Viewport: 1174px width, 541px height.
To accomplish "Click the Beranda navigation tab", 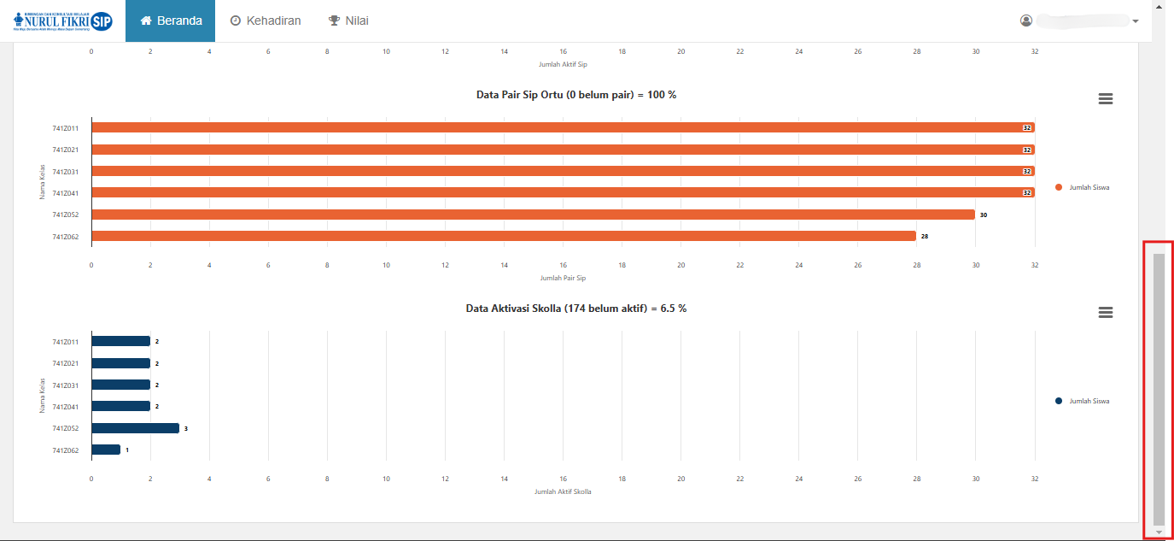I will tap(171, 21).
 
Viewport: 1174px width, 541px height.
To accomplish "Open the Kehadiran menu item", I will tap(266, 21).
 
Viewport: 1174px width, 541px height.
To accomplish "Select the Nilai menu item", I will tap(348, 21).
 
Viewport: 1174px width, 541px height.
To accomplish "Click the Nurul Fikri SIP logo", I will tap(63, 21).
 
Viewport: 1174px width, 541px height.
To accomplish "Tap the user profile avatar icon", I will tap(1026, 21).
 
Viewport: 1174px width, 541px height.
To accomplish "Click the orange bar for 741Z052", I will tap(533, 215).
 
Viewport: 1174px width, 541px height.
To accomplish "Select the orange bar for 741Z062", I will tap(504, 236).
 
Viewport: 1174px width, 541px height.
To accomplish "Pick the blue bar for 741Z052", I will tap(135, 428).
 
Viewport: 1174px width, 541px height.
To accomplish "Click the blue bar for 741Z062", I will tap(106, 450).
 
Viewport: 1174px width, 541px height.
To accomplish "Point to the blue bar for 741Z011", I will tap(120, 341).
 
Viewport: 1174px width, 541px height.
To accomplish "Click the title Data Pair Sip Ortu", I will tap(576, 95).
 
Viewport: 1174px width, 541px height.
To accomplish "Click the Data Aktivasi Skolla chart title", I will tap(576, 309).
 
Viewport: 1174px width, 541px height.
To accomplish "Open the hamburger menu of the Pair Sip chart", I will tap(1105, 99).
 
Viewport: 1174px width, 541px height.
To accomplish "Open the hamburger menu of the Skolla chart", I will tap(1105, 313).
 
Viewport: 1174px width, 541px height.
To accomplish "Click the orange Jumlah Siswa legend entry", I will tap(1083, 187).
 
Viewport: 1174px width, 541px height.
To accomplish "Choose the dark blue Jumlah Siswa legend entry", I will tap(1083, 401).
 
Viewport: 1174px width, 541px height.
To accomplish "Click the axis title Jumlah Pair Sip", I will tap(563, 278).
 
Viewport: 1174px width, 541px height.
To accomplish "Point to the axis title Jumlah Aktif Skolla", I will tap(563, 491).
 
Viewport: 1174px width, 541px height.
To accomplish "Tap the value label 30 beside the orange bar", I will tap(984, 215).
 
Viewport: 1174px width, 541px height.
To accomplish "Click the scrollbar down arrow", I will tap(1159, 532).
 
